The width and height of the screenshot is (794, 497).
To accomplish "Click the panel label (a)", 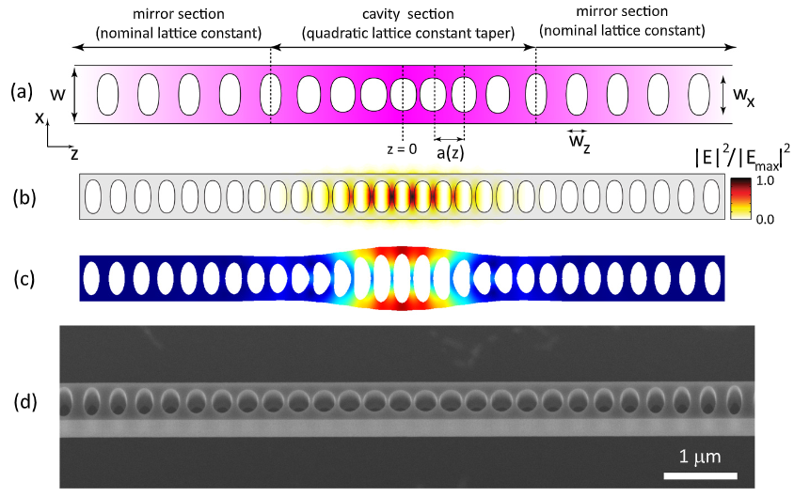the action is click(x=22, y=92).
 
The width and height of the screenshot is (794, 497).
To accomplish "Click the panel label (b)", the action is click(x=24, y=197).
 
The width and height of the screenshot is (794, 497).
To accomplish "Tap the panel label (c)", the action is click(x=24, y=279).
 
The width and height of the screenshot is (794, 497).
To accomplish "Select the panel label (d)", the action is click(x=24, y=402).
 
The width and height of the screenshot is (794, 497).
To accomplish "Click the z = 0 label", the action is click(x=402, y=149).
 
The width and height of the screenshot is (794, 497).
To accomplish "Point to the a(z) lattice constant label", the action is click(x=451, y=153).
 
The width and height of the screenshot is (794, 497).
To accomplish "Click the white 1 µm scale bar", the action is click(x=700, y=475).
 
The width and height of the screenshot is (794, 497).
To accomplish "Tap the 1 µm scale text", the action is click(x=700, y=457).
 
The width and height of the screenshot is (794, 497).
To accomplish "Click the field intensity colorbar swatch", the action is click(x=739, y=198).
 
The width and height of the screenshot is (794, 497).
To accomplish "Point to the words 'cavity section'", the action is click(x=408, y=14).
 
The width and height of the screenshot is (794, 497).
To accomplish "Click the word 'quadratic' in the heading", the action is click(x=337, y=34).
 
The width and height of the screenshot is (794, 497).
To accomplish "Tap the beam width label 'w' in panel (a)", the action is click(x=58, y=94).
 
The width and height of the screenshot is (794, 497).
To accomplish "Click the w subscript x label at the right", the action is click(x=744, y=96).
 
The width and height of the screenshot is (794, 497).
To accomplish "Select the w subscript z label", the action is click(x=580, y=142).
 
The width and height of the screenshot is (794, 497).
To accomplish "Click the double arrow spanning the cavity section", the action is click(x=403, y=48).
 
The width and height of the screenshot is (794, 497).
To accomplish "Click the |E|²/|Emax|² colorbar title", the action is click(x=743, y=158).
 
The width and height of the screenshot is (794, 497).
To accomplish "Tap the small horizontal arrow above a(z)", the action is click(x=450, y=139).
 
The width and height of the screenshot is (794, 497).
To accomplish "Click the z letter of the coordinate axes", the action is click(x=74, y=154).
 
